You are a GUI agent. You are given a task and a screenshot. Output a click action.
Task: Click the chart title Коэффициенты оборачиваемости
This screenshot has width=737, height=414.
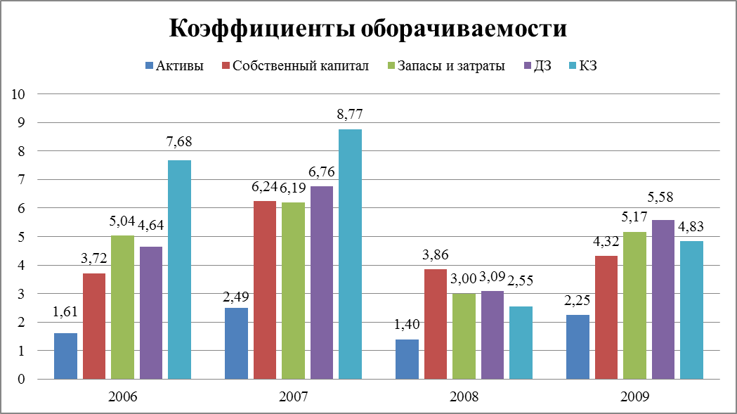(x=368, y=29)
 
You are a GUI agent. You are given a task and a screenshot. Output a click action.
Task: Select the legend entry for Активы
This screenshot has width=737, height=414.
(x=174, y=65)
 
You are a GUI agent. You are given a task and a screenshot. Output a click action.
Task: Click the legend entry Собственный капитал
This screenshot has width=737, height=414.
(x=295, y=65)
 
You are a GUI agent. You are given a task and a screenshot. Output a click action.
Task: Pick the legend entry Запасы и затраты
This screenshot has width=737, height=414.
(x=445, y=65)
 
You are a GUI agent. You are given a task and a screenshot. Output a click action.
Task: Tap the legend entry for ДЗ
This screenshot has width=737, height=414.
(x=537, y=65)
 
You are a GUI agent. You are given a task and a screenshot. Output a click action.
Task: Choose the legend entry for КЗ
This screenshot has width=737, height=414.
(x=583, y=65)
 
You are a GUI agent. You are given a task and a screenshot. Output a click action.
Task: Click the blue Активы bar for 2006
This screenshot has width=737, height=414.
(x=66, y=356)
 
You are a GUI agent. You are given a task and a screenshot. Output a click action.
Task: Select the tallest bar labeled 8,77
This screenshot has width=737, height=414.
(x=350, y=254)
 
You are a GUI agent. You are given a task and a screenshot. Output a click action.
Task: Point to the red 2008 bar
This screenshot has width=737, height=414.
(x=436, y=324)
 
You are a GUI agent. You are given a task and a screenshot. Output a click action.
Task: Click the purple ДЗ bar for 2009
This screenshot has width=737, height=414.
(x=663, y=299)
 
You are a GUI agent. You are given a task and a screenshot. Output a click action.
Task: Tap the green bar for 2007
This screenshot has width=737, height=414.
(x=293, y=291)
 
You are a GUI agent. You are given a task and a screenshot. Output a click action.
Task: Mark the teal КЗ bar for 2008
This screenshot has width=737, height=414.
(x=521, y=343)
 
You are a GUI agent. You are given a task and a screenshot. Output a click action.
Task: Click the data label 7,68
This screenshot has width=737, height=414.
(x=179, y=141)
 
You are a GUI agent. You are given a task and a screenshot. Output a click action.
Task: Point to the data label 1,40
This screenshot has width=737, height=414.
(x=407, y=324)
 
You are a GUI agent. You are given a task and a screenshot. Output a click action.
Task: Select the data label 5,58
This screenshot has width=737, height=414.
(x=660, y=197)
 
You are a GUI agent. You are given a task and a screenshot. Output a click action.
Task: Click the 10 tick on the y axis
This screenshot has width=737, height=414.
(x=18, y=94)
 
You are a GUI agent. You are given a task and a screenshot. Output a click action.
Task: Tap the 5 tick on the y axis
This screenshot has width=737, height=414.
(x=21, y=237)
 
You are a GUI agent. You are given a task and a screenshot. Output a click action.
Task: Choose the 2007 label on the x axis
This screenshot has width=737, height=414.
(x=293, y=396)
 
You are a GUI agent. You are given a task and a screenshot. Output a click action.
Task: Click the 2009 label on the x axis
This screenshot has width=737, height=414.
(x=634, y=396)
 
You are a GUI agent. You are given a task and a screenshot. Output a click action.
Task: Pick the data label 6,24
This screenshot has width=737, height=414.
(x=264, y=187)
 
